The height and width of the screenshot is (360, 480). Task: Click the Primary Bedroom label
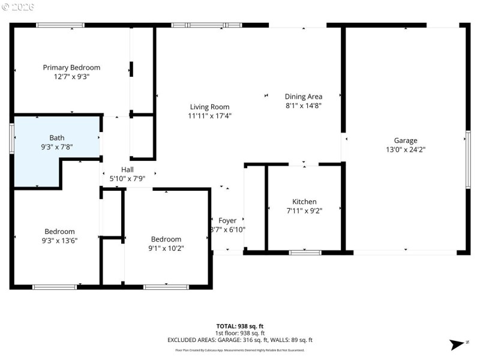71,67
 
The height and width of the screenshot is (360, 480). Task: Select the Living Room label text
209,107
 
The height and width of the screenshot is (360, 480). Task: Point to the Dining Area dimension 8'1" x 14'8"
303,106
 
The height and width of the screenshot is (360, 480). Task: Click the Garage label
406,140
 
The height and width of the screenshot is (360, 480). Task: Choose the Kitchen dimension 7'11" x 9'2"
304,211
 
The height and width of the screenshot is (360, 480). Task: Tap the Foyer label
227,220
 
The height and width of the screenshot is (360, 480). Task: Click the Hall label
127,169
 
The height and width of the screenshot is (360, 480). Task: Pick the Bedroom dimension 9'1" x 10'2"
166,248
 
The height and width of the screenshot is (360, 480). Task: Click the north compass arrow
457,344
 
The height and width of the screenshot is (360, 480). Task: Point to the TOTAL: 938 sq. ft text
240,326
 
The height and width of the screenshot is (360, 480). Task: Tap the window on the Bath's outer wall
11,138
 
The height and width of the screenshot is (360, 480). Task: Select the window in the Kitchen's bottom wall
305,253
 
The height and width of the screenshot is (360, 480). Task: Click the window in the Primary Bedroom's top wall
60,25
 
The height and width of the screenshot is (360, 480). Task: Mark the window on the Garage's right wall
467,160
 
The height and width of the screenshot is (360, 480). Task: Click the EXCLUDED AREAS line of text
240,340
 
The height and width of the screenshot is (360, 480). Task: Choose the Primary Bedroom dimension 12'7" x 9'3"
71,76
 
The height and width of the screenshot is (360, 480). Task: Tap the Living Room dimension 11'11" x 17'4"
209,116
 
